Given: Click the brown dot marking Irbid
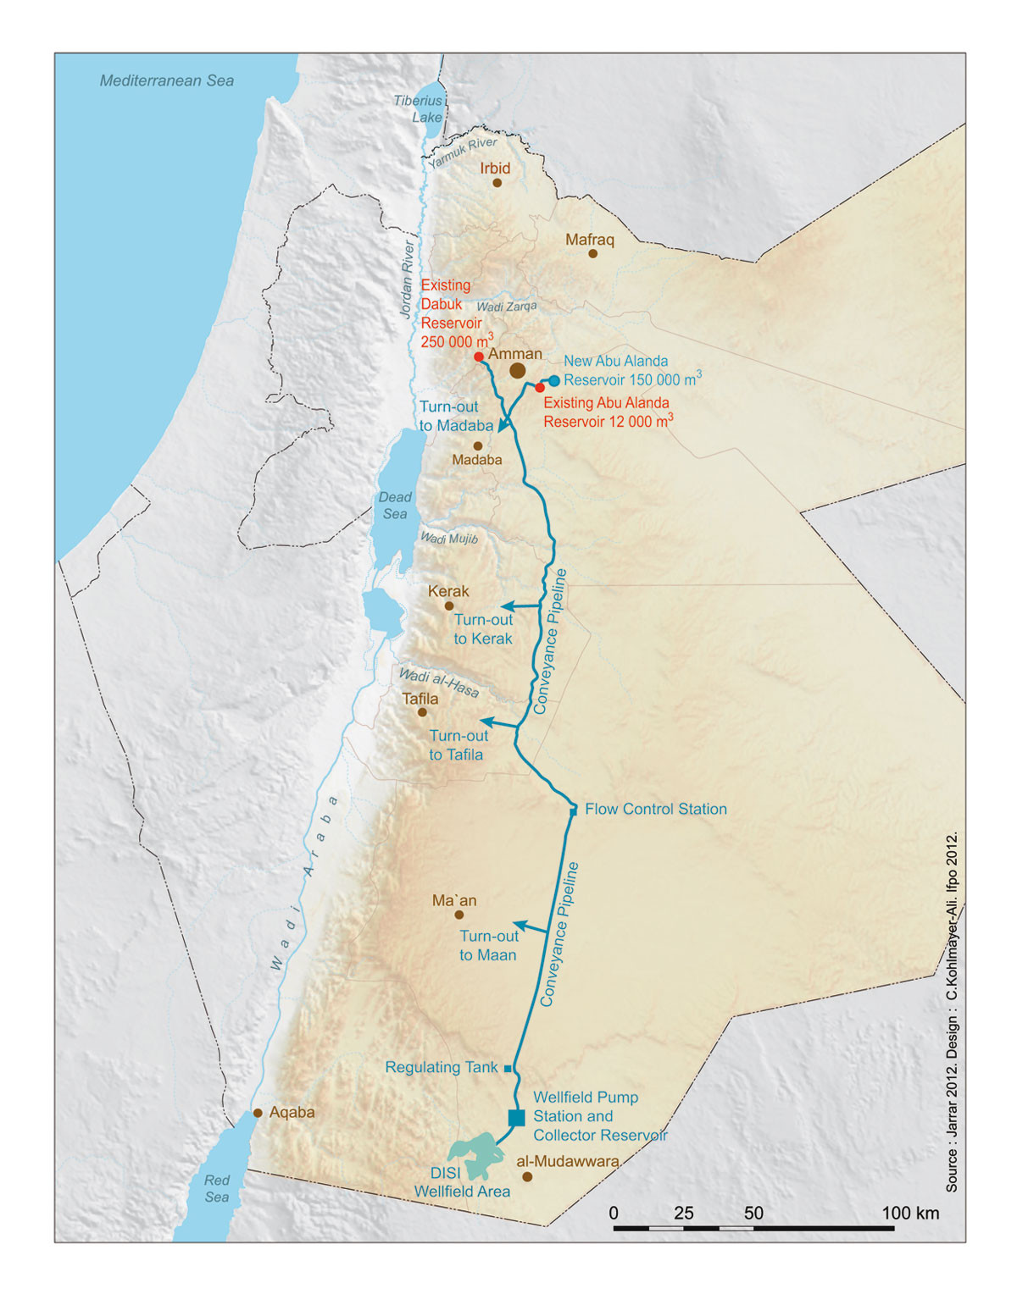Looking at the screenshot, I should click(x=497, y=183).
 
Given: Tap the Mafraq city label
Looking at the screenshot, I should click(x=590, y=240).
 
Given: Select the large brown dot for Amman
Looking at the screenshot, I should click(x=517, y=371).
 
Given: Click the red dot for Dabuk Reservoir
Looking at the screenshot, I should click(x=479, y=357).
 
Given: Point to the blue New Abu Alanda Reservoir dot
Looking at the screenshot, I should click(x=554, y=381).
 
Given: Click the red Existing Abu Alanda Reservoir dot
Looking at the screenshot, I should click(x=540, y=388).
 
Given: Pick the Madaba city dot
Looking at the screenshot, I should click(x=478, y=445).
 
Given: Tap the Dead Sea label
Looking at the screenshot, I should click(x=395, y=506).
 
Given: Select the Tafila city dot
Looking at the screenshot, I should click(x=422, y=712).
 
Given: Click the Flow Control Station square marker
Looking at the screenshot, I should click(x=574, y=810).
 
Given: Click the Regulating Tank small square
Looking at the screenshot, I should click(x=508, y=1069).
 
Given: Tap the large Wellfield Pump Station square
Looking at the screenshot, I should click(x=516, y=1118).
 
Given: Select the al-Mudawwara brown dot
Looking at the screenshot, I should click(x=527, y=1177).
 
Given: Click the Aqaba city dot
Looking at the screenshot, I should click(x=258, y=1113).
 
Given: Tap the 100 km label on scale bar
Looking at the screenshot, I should click(x=910, y=1213).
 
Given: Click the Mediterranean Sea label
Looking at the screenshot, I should click(x=167, y=81).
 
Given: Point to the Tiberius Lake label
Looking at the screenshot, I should click(x=419, y=108).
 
